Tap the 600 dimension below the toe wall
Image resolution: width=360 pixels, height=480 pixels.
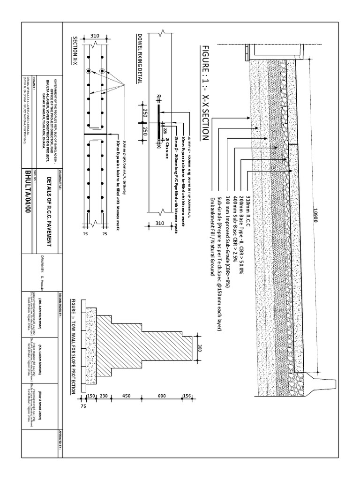tap(161, 397)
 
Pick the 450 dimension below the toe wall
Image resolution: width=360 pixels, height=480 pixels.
tap(126, 397)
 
